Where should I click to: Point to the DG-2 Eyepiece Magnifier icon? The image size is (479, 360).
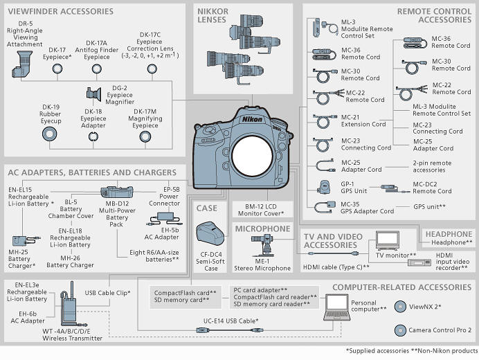tap(93, 93)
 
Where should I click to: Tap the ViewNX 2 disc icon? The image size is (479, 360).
tap(400, 307)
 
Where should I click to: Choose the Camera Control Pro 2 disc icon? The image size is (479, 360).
tap(400, 330)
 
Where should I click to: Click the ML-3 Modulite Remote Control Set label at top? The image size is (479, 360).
tap(367, 30)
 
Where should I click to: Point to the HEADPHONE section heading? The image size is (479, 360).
tap(449, 234)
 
